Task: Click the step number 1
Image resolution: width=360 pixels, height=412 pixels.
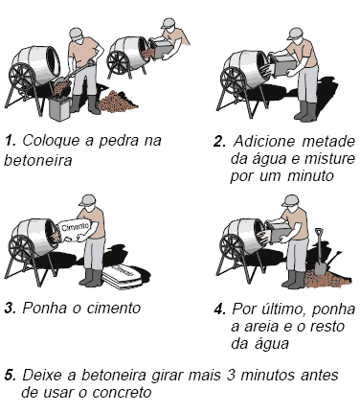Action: point(11,141)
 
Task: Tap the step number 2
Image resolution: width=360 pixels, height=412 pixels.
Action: point(219,142)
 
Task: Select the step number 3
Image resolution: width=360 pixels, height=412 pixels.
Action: point(11,309)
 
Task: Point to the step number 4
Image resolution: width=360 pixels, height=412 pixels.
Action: point(220,309)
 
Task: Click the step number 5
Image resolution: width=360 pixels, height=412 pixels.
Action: point(11,375)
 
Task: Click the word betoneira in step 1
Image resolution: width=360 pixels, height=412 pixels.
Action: point(38,160)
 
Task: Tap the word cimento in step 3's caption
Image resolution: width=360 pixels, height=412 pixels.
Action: point(114,309)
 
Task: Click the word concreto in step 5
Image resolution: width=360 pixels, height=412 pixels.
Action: point(122,393)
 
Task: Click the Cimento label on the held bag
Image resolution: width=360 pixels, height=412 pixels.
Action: point(75,227)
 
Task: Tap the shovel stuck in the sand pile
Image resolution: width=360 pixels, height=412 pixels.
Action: point(320,253)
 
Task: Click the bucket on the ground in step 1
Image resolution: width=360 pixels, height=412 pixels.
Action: point(59,108)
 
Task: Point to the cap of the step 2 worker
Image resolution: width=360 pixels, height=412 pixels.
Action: point(295,34)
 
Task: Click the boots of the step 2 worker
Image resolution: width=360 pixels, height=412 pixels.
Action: point(305,111)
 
